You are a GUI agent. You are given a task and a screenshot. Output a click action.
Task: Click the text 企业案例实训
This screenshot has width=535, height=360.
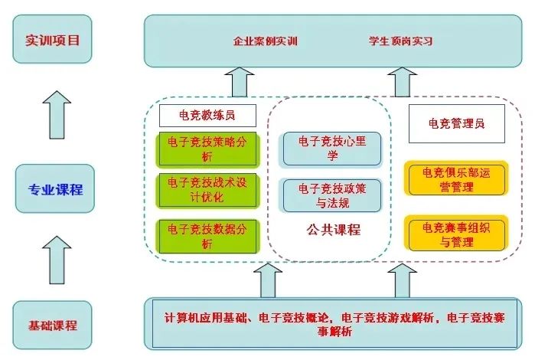click(x=265, y=41)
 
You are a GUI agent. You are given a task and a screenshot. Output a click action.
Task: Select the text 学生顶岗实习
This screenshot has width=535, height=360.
click(x=400, y=41)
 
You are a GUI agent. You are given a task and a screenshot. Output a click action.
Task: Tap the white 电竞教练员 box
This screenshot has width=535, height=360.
click(x=207, y=116)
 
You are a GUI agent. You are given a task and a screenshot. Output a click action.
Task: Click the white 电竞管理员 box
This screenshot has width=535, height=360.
click(x=456, y=123)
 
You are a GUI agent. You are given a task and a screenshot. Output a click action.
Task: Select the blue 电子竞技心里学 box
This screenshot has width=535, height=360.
click(x=331, y=149)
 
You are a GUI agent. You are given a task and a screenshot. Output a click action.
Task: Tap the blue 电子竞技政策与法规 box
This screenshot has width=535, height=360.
click(x=331, y=195)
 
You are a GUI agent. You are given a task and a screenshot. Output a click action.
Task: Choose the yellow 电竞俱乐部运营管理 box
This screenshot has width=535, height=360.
click(x=456, y=178)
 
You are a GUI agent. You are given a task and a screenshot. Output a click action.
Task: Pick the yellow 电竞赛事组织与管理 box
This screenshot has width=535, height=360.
click(x=456, y=234)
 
